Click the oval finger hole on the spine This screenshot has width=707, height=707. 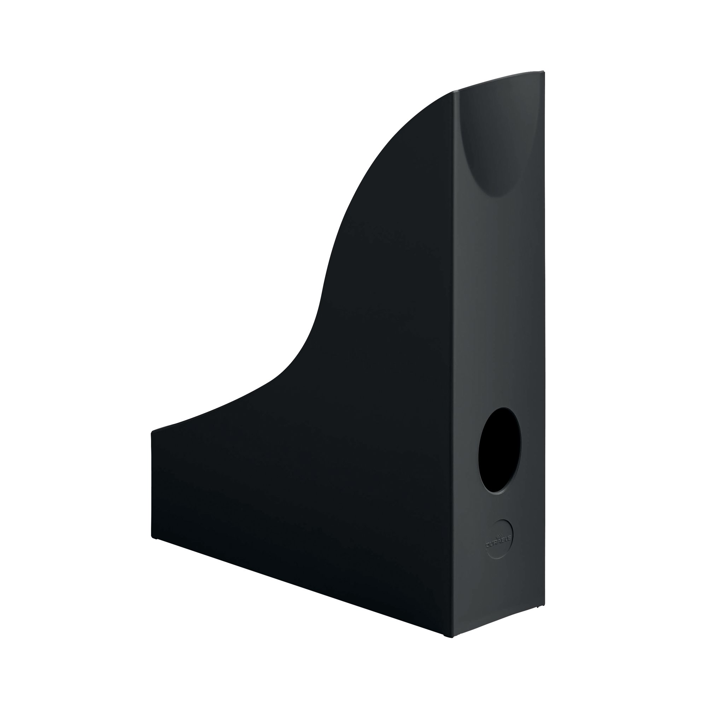[499, 450]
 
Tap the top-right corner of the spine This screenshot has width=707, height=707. [544, 72]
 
